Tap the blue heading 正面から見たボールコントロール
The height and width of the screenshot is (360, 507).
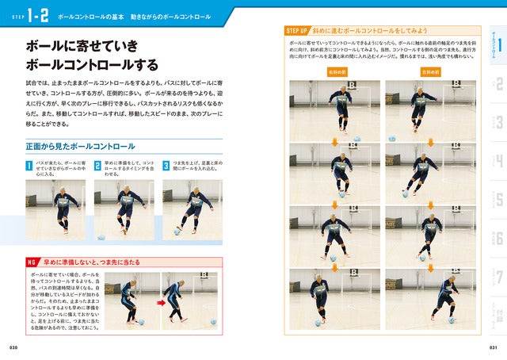[x=81, y=147]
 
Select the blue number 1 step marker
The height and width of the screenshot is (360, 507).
[x=29, y=166]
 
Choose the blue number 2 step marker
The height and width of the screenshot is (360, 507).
[x=97, y=166]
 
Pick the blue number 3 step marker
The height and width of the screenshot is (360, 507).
[x=166, y=166]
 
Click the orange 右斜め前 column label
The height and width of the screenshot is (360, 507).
[x=337, y=71]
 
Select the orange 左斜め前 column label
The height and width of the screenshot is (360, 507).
[x=432, y=71]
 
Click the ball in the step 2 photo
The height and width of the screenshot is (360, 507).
[x=101, y=237]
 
